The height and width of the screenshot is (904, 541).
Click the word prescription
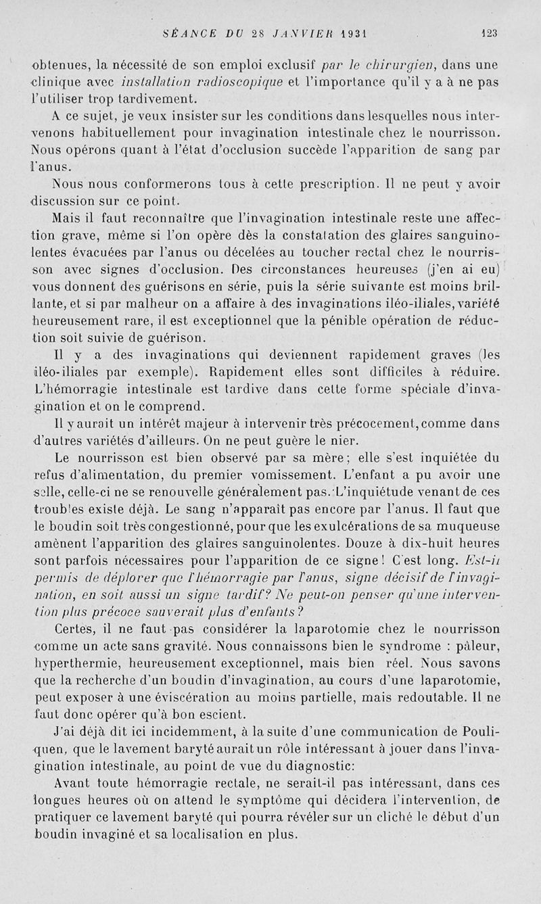354,184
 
